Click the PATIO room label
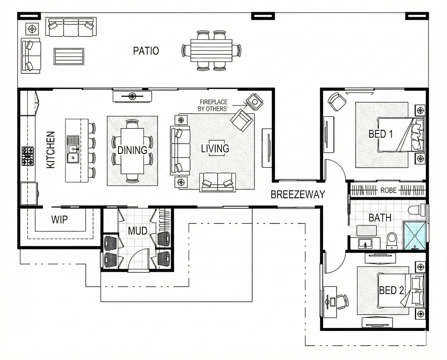pyautogui.click(x=146, y=51)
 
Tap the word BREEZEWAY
pyautogui.click(x=298, y=194)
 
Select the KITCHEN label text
pyautogui.click(x=50, y=150)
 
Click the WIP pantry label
pyautogui.click(x=59, y=220)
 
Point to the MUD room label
pyautogui.click(x=138, y=231)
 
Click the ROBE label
pyautogui.click(x=389, y=191)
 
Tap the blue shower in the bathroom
pyautogui.click(x=414, y=236)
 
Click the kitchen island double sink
pyautogui.click(x=73, y=149)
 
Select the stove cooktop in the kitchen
pyautogui.click(x=28, y=156)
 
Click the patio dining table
pyautogui.click(x=211, y=51)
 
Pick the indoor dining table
pyautogui.click(x=132, y=151)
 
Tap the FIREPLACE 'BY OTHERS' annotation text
pyautogui.click(x=213, y=105)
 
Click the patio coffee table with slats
pyautogui.click(x=69, y=56)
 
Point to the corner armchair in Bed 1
pyautogui.click(x=337, y=102)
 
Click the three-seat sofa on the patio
pyautogui.click(x=71, y=26)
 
